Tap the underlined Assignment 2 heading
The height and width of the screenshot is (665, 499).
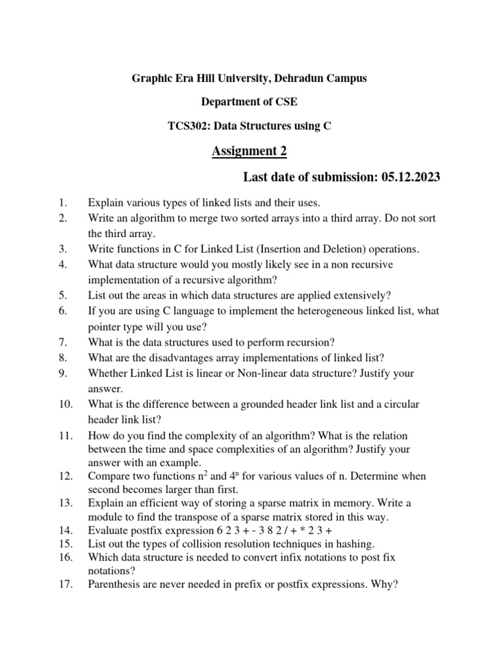coord(249,151)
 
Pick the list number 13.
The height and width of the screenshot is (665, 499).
coord(64,503)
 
